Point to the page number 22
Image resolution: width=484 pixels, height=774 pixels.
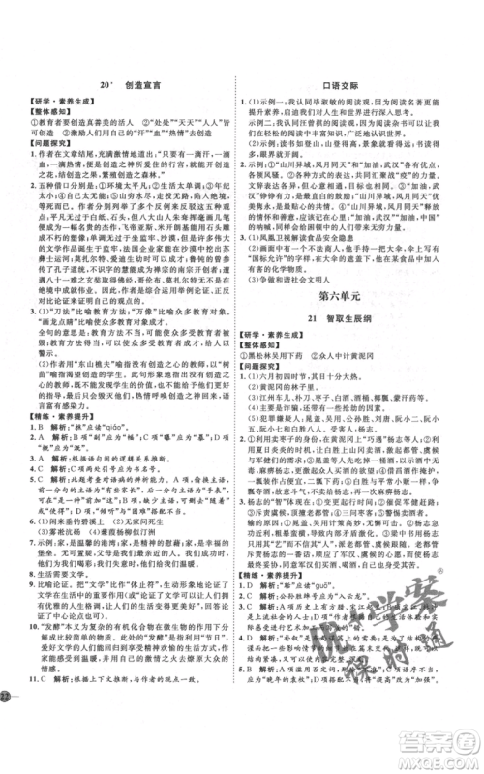(9, 751)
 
